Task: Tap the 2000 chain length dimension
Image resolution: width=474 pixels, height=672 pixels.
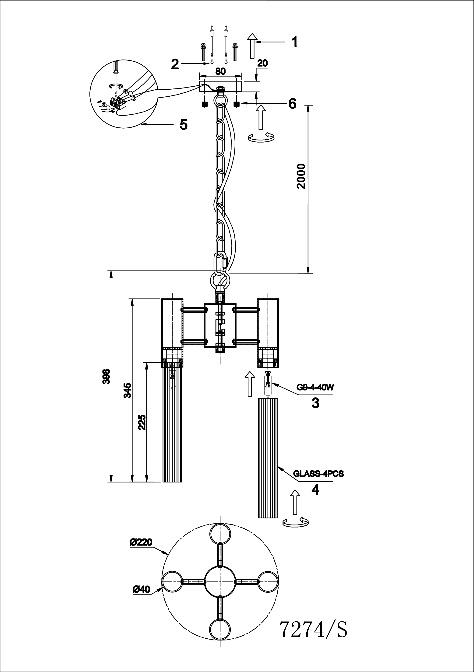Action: [301, 176]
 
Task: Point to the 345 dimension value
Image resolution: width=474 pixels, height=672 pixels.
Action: [127, 391]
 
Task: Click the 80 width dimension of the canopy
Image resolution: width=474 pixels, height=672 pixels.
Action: [220, 71]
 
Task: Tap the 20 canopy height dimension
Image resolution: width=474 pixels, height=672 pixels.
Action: [263, 63]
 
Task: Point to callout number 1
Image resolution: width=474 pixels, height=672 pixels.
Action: [294, 42]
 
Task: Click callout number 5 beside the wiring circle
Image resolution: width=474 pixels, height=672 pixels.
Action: [183, 125]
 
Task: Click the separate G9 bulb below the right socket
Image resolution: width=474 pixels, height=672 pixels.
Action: [268, 384]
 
